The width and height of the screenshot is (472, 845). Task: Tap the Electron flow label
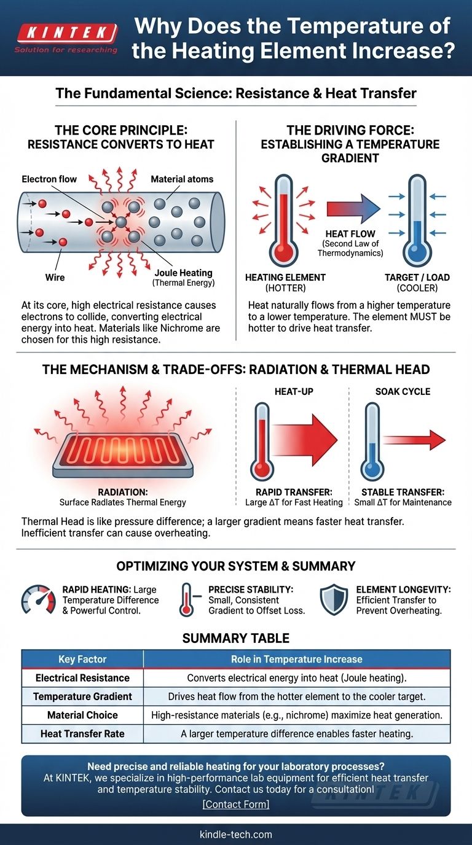click(49, 179)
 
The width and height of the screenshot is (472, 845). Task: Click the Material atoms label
click(182, 179)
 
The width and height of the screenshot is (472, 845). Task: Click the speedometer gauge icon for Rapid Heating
click(38, 599)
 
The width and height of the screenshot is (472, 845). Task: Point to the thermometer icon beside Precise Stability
click(187, 600)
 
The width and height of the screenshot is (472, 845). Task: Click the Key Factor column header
click(82, 659)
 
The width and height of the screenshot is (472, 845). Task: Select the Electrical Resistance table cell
click(82, 678)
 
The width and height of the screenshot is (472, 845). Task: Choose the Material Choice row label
click(82, 715)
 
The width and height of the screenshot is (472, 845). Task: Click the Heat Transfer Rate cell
click(82, 734)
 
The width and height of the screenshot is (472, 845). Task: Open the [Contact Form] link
click(236, 804)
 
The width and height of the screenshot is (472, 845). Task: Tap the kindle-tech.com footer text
click(236, 835)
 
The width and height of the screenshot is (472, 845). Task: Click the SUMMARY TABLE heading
click(236, 638)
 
